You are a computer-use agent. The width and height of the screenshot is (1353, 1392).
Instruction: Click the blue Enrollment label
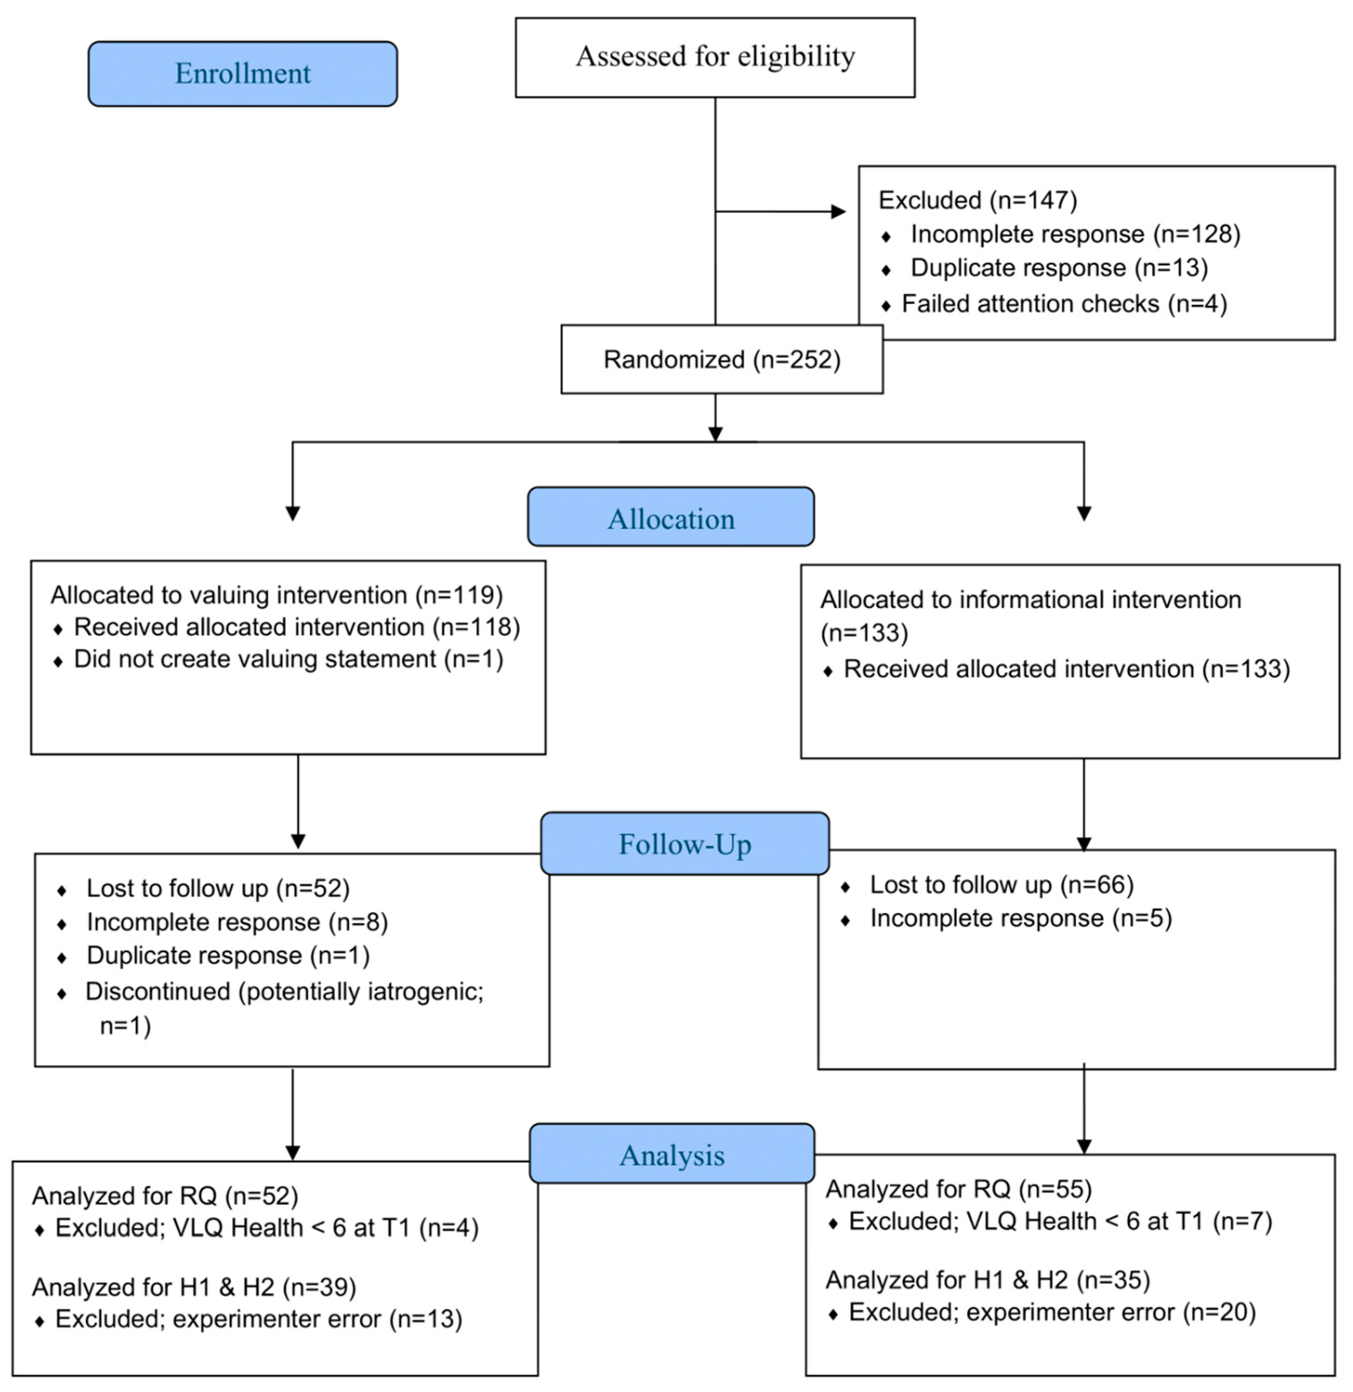pos(242,74)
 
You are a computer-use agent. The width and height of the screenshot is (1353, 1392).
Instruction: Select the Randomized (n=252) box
pos(722,360)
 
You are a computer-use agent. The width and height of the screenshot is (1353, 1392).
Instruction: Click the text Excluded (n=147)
pos(978,200)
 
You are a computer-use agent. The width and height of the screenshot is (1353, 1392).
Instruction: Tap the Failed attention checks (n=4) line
pos(1064,304)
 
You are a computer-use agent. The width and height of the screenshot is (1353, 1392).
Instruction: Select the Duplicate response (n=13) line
pos(1059,268)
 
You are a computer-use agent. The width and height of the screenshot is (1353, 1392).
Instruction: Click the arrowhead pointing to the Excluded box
pos(838,211)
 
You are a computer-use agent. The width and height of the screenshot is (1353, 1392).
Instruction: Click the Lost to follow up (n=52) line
pos(217,888)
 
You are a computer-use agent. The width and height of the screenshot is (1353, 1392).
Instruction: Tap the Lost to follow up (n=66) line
pos(1001,885)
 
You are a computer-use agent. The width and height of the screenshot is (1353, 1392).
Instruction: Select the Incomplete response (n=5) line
pos(1020,918)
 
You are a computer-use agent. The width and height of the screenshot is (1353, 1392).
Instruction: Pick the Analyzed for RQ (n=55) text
pos(958,1189)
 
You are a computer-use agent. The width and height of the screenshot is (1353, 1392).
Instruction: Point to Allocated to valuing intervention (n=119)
pos(276,595)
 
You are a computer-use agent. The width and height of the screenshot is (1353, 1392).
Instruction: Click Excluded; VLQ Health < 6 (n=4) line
pos(266,1228)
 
